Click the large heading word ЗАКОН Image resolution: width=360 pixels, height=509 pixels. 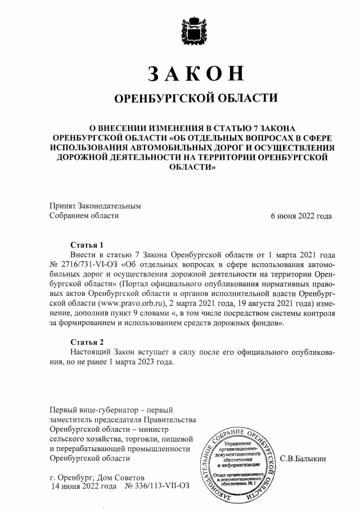click(196, 74)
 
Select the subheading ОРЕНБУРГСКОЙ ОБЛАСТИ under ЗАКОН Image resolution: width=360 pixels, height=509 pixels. click(196, 99)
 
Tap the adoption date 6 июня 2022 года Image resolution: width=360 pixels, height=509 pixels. click(301, 215)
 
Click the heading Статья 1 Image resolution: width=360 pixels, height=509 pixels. click(87, 245)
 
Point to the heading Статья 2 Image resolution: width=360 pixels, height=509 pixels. click(87, 341)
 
